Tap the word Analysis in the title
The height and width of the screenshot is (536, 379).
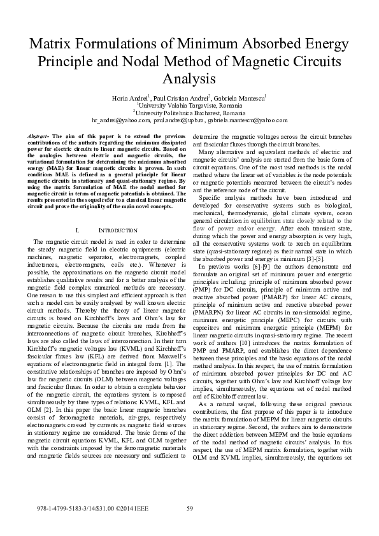(x=189, y=78)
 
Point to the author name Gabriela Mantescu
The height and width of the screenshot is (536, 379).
(x=243, y=99)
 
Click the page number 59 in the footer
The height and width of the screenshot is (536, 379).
(x=189, y=507)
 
